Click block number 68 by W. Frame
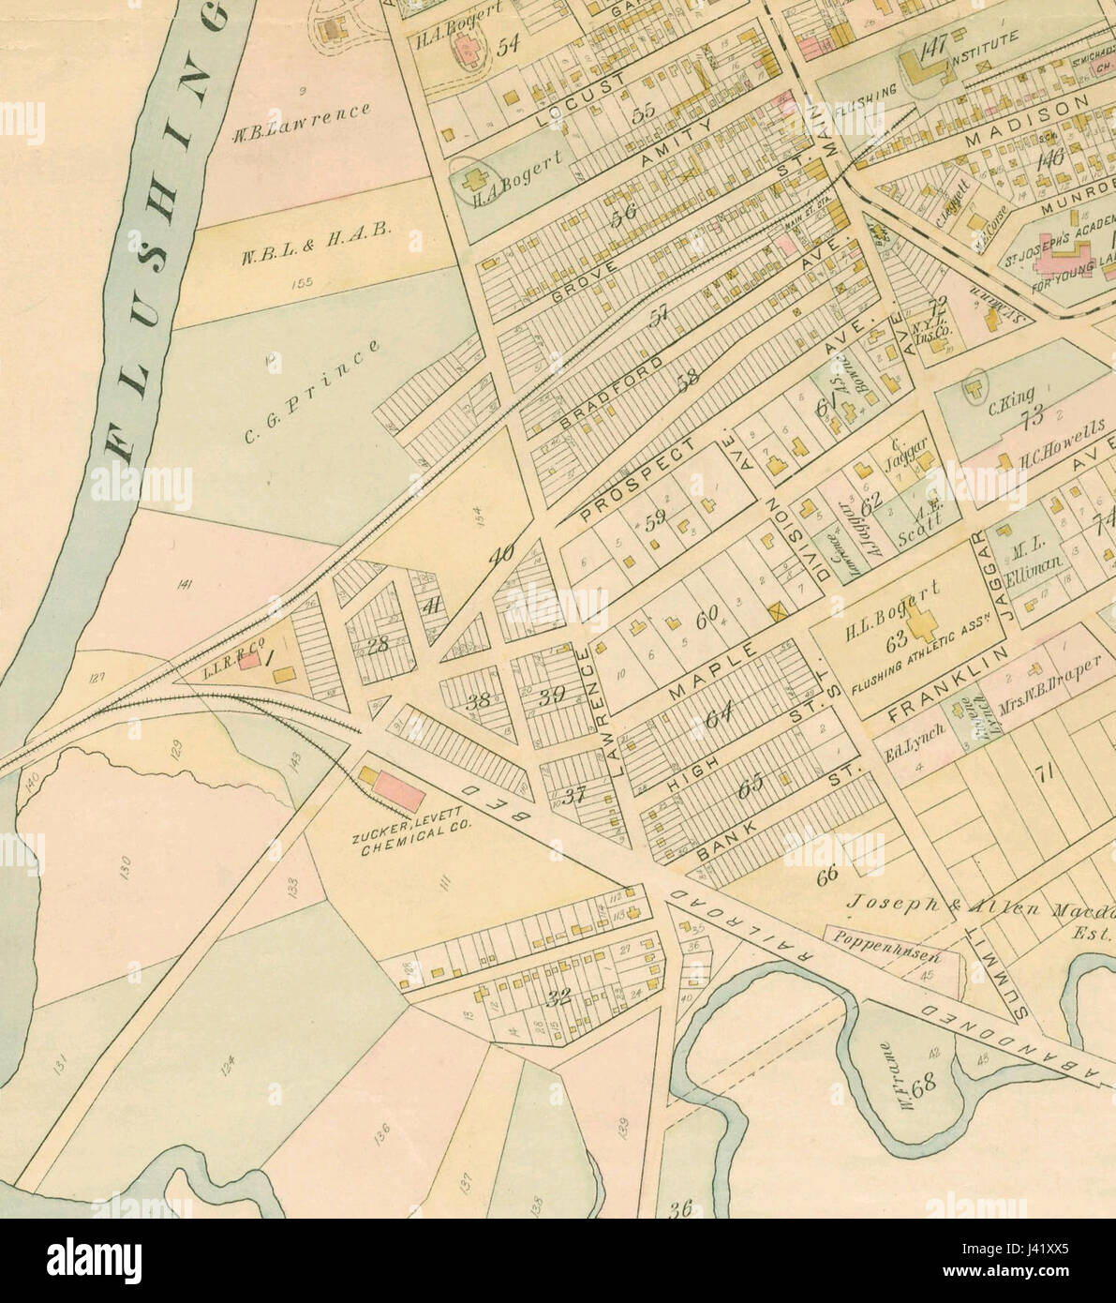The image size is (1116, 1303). [x=924, y=1088]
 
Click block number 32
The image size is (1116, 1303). [x=559, y=997]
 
